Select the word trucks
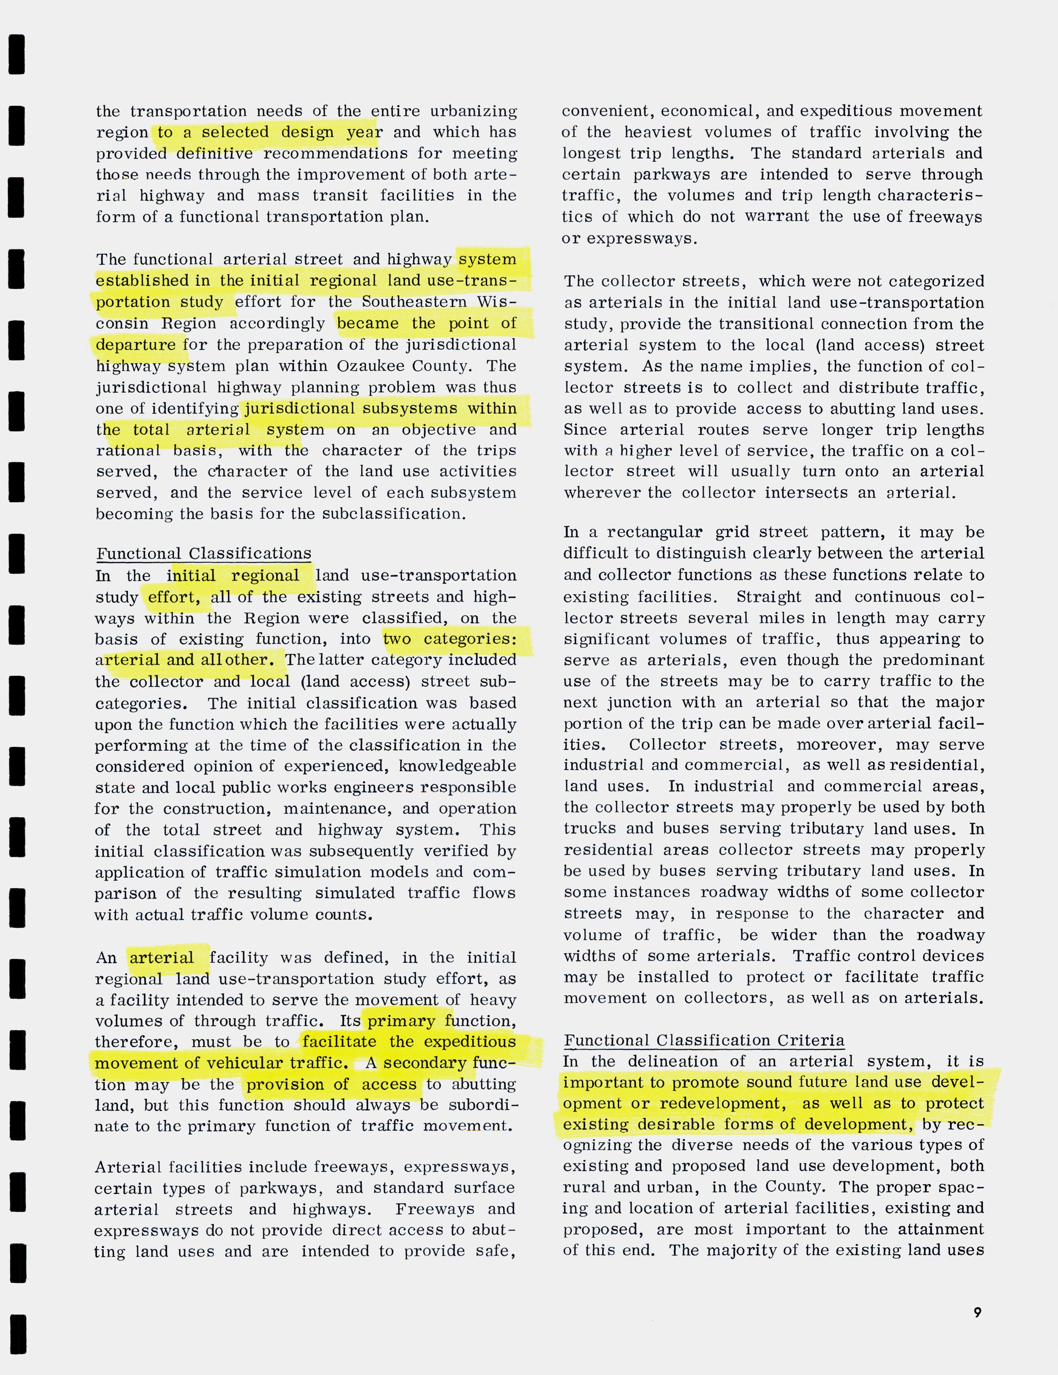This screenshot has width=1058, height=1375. pos(587,829)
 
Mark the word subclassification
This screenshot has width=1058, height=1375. pos(394,514)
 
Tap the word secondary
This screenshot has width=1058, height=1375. pos(425,1063)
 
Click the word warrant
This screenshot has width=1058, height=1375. pos(776,216)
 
